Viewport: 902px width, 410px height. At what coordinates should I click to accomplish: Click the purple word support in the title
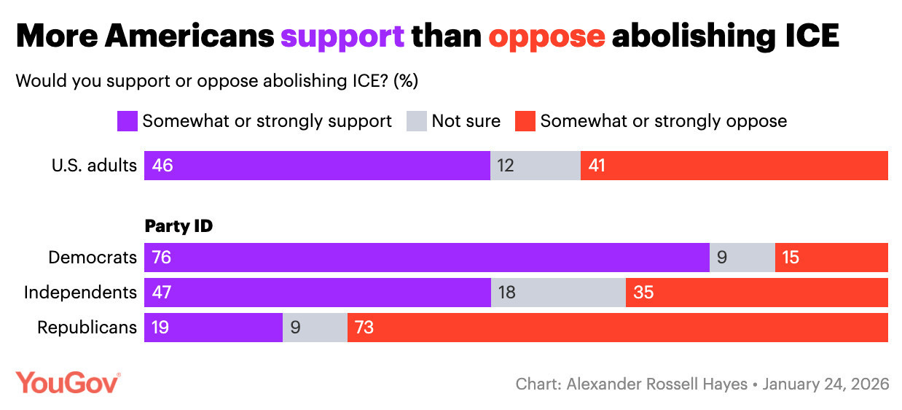pyautogui.click(x=342, y=36)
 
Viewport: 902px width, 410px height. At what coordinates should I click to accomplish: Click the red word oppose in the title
pyautogui.click(x=546, y=36)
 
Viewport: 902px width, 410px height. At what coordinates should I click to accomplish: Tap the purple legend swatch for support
pyautogui.click(x=128, y=120)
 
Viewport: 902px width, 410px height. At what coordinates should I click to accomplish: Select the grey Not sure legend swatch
pyautogui.click(x=416, y=120)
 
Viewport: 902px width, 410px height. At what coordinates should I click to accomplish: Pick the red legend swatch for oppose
pyautogui.click(x=525, y=120)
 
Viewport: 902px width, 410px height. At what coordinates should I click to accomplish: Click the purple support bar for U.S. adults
pyautogui.click(x=317, y=166)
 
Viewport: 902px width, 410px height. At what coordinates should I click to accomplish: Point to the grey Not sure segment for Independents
pyautogui.click(x=558, y=293)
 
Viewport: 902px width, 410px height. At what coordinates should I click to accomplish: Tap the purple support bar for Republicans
pyautogui.click(x=213, y=328)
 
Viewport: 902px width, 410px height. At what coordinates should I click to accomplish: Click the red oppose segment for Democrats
pyautogui.click(x=831, y=258)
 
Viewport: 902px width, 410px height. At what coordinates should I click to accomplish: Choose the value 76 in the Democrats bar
pyautogui.click(x=162, y=258)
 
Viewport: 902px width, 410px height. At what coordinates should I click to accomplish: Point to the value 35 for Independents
pyautogui.click(x=643, y=293)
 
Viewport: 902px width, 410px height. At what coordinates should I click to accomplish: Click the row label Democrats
pyautogui.click(x=92, y=258)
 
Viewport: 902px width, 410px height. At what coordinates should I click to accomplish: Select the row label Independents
pyautogui.click(x=80, y=293)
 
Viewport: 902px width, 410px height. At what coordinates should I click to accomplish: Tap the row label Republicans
pyautogui.click(x=87, y=328)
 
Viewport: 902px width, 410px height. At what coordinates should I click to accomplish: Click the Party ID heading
pyautogui.click(x=179, y=226)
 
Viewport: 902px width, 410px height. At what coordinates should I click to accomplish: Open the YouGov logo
pyautogui.click(x=68, y=383)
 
